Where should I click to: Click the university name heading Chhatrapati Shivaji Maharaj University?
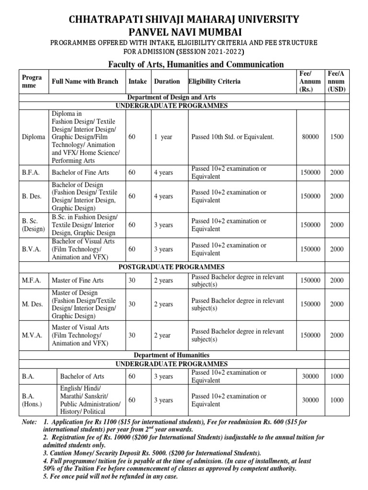[x=184, y=20]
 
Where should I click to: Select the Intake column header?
[x=138, y=81]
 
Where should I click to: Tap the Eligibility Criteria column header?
[x=215, y=81]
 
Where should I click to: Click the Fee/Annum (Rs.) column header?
[x=310, y=81]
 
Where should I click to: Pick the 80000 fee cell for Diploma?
[x=310, y=137]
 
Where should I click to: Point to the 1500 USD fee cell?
[x=337, y=137]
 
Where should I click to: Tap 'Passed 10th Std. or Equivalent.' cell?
[x=233, y=137]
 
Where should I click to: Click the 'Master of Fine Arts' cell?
[x=78, y=280]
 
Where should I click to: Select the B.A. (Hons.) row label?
[x=32, y=400]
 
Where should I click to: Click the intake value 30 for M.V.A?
[x=132, y=335]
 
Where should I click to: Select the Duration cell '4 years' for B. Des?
[x=163, y=196]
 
